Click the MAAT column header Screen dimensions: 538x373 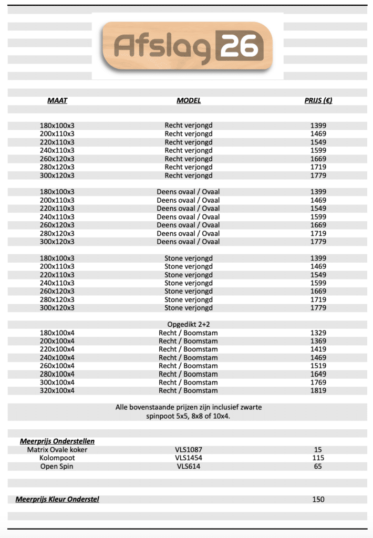(57, 100)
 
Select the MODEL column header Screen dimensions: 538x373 (189, 100)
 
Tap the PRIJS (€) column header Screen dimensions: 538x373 (318, 100)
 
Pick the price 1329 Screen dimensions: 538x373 (318, 333)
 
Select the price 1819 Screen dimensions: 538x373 (318, 390)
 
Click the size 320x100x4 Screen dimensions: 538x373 (57, 390)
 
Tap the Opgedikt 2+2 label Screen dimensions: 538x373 (188, 324)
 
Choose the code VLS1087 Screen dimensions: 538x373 (189, 450)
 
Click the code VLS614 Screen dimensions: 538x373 (189, 467)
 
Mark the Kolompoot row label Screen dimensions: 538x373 (57, 458)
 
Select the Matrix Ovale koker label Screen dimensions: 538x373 (57, 450)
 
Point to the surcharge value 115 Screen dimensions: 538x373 (318, 458)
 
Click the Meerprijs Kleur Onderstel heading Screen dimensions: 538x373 (57, 499)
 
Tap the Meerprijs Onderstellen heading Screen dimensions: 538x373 (57, 441)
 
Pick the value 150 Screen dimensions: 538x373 (318, 499)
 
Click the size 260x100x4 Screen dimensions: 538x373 (57, 366)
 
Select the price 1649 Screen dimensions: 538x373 (318, 374)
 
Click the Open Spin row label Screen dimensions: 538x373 (57, 467)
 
